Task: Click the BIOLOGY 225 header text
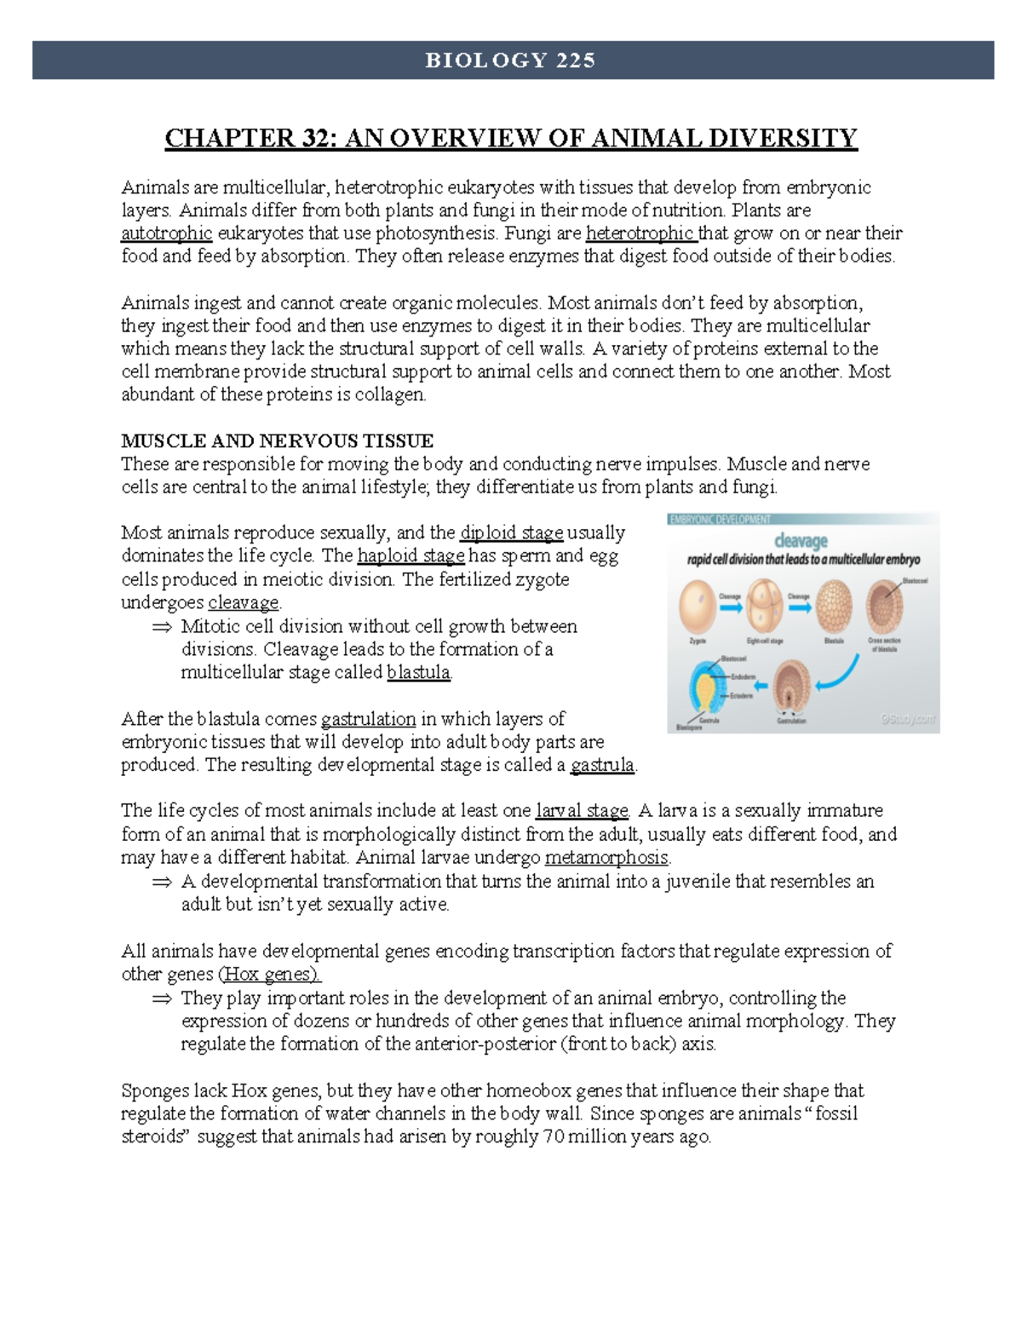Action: coord(511,60)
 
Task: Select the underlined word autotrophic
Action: coord(166,233)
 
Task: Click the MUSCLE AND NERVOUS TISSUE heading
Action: coord(277,440)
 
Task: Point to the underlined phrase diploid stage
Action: coord(511,533)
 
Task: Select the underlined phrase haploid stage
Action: coord(411,556)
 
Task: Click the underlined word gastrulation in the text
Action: coord(368,719)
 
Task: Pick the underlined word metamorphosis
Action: coord(606,858)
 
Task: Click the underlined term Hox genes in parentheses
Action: coord(269,975)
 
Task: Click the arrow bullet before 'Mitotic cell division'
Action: coord(161,627)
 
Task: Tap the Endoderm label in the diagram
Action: coord(743,677)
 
